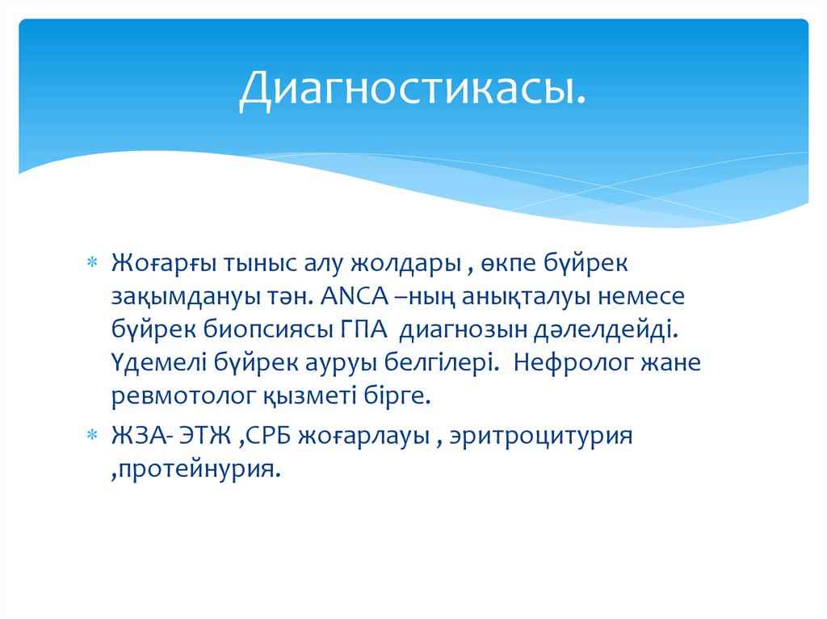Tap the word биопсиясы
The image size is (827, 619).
[256, 330]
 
